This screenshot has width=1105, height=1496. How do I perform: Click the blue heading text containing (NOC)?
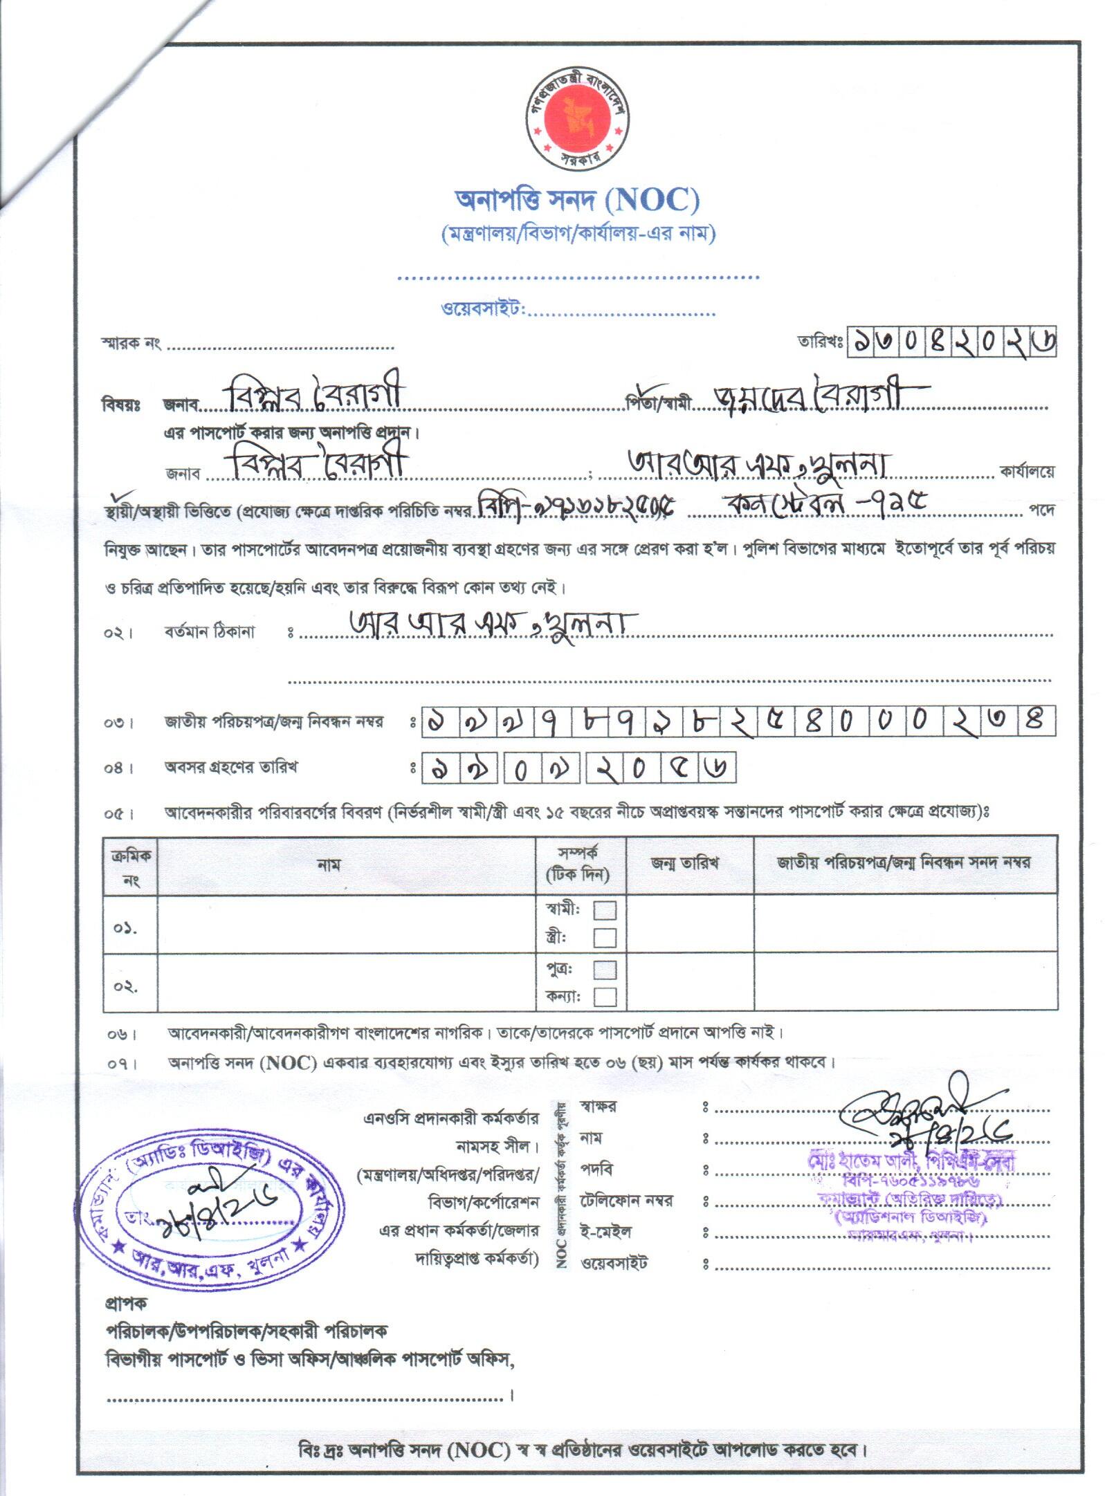coord(576,201)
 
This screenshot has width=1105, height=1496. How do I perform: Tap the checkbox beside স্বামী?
coord(604,909)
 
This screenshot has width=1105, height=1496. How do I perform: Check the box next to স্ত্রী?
coord(604,938)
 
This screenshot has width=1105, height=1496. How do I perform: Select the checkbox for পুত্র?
coord(604,970)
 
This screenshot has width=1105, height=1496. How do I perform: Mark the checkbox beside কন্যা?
coord(604,997)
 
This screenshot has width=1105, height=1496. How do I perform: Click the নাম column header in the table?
coord(328,865)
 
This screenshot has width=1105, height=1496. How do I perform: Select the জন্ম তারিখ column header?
coord(684,863)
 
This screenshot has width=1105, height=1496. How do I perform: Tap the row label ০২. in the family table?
coord(126,986)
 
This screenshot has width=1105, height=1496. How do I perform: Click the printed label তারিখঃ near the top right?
coord(819,342)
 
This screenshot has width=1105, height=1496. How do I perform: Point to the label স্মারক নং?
coord(131,343)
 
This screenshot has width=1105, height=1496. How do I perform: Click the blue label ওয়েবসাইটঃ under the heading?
coord(483,308)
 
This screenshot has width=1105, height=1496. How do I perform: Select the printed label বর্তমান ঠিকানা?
coord(210,631)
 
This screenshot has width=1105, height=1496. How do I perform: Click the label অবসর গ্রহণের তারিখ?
coord(230,767)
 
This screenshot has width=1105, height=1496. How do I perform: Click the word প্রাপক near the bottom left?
coord(125,1303)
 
